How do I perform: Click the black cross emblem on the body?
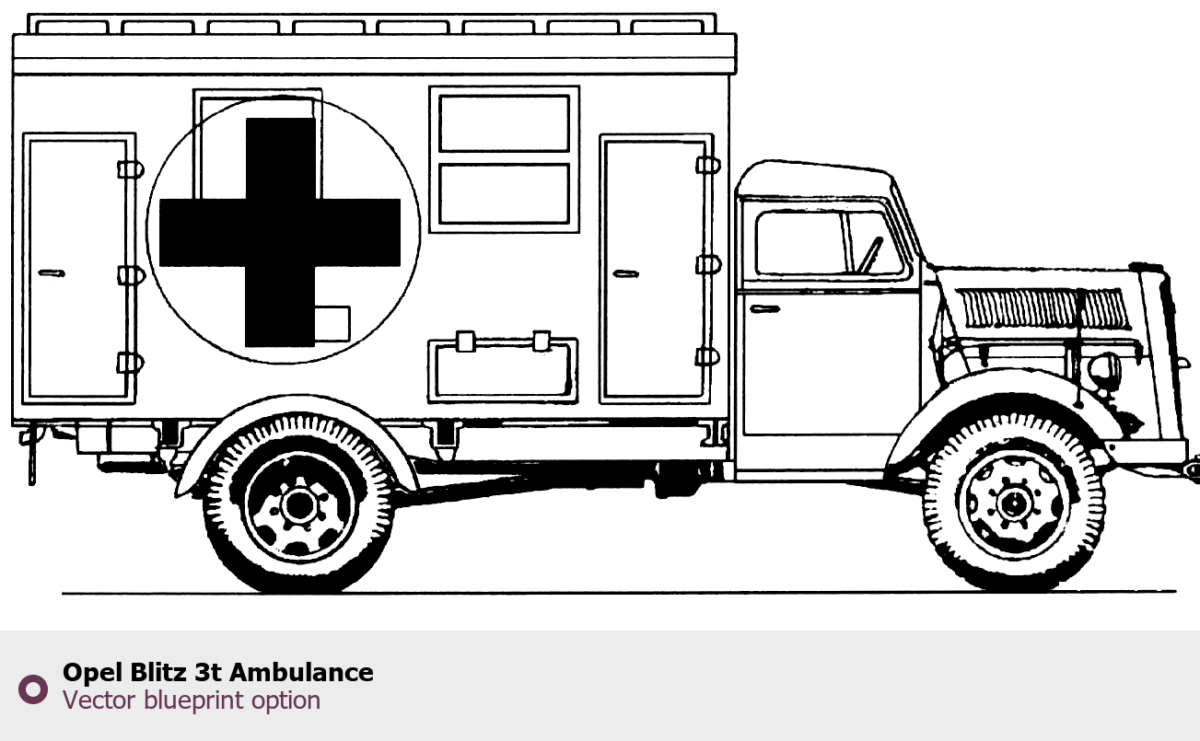click(x=280, y=231)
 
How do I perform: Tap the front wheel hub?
click(x=1014, y=504)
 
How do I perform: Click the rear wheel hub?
click(x=297, y=504)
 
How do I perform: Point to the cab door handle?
click(x=764, y=308)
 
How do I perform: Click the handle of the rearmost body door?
click(x=51, y=272)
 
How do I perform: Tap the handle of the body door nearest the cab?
click(x=625, y=273)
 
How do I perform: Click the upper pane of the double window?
click(x=504, y=123)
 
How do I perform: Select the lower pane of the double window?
click(x=504, y=193)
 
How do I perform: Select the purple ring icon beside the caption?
click(x=32, y=689)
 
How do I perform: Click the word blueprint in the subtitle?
click(x=194, y=700)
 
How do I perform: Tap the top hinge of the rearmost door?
click(x=129, y=169)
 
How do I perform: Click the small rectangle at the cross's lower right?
click(x=332, y=322)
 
